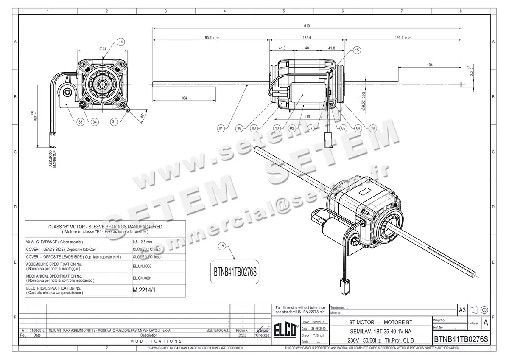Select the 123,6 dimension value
(307, 38)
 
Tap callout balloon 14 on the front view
(120, 42)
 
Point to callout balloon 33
(80, 122)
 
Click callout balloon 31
(114, 122)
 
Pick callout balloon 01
(221, 128)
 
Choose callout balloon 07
(310, 128)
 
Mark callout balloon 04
(358, 128)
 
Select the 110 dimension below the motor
(307, 117)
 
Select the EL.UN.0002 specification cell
(142, 266)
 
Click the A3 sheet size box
(462, 310)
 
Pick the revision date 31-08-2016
(37, 330)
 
